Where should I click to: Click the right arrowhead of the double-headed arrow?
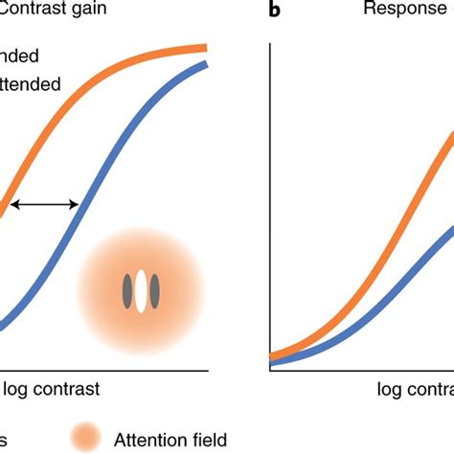click(76, 203)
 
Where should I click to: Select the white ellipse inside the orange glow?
click(142, 291)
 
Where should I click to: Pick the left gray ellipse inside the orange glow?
click(125, 291)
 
